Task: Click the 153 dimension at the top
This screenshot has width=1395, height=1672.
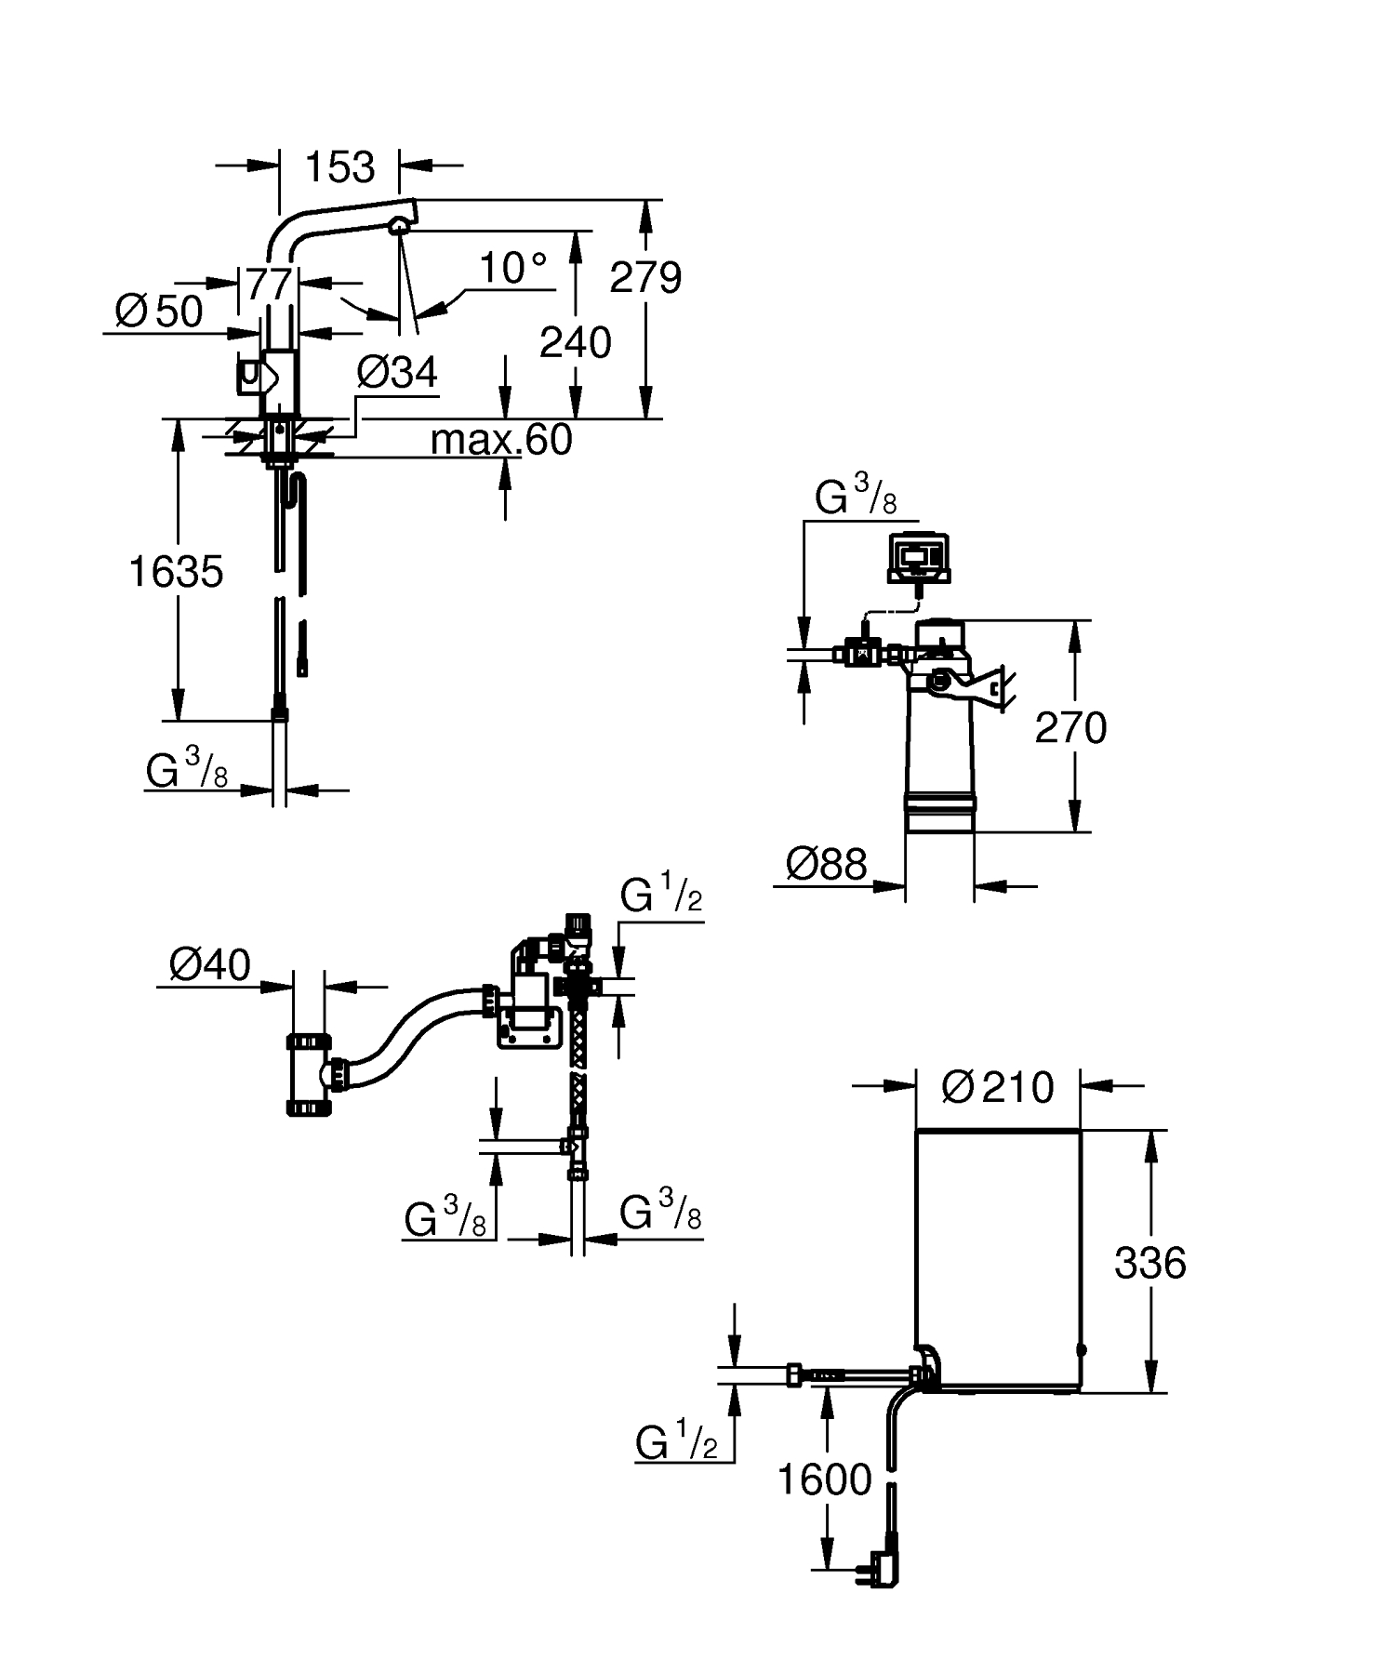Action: click(339, 167)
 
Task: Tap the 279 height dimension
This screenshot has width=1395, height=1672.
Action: click(645, 277)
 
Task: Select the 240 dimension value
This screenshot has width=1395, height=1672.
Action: click(576, 342)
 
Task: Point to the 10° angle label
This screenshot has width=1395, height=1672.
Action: click(512, 269)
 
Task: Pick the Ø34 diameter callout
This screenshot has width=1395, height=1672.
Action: click(397, 373)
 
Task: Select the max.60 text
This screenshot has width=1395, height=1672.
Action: click(501, 440)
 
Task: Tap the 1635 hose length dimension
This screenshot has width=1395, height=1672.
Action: click(176, 572)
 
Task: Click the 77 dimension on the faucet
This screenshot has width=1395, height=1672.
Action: click(270, 283)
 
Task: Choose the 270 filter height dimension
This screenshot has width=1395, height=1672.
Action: click(1070, 728)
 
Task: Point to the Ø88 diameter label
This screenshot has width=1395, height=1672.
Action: click(826, 864)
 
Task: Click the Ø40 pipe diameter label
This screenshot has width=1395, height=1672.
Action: click(210, 964)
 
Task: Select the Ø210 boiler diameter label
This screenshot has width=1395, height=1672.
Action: click(998, 1086)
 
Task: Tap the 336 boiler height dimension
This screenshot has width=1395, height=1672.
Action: click(1149, 1263)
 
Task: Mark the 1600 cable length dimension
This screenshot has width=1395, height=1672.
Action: click(824, 1480)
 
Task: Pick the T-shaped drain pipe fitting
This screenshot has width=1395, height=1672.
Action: click(309, 1073)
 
